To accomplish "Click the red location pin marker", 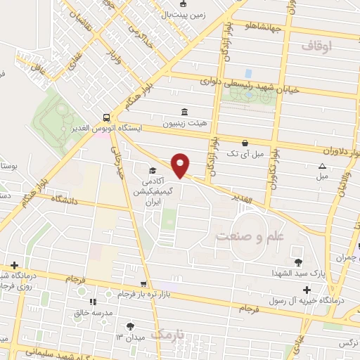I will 181,164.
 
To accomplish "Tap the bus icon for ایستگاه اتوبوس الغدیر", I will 105,118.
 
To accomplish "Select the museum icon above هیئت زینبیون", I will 184,112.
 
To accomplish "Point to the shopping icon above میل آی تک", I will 245,142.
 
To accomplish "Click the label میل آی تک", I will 247,153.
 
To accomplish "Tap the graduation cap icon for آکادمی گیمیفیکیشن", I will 152,170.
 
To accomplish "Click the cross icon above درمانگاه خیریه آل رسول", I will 306,290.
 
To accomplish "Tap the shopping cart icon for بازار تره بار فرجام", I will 144,283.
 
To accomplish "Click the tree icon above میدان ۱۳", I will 129,326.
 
